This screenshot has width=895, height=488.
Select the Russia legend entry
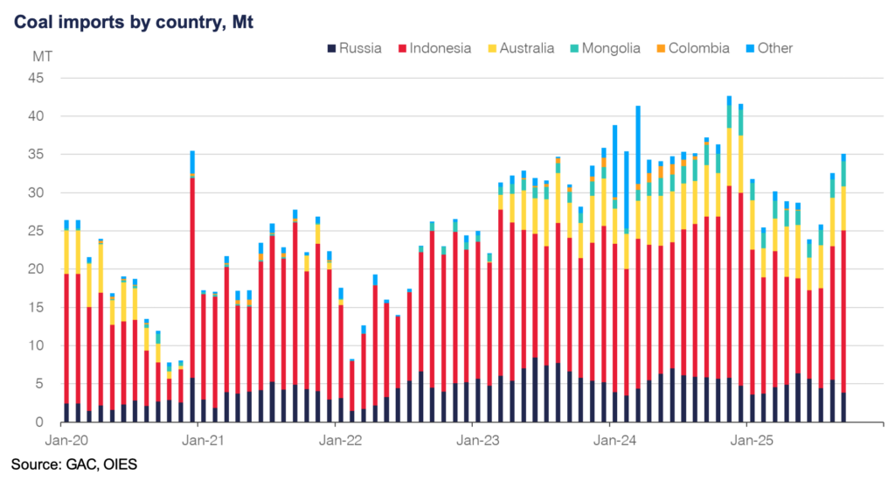[353, 48]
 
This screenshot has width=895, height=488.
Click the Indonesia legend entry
[435, 48]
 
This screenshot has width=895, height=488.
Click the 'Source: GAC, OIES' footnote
[73, 463]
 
